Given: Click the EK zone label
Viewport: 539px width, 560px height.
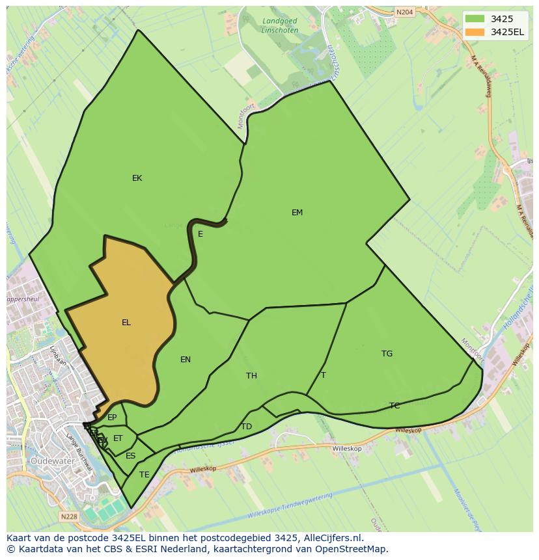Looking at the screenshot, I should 137,178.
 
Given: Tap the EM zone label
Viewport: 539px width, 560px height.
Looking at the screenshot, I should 297,213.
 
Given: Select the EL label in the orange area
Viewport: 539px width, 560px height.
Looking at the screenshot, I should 126,323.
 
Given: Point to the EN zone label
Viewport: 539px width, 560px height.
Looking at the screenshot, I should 186,360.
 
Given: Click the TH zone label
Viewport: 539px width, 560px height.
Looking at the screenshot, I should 251,376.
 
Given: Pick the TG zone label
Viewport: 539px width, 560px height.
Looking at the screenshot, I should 387,354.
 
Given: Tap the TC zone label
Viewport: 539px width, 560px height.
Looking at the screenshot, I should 394,406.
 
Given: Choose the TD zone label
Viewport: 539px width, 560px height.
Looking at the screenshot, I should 246,427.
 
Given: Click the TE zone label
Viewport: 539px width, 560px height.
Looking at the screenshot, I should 145,475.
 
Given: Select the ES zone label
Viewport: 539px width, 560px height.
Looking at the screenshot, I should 131,456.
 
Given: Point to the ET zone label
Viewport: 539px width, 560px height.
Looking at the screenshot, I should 118,438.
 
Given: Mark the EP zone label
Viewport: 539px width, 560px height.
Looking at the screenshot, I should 112,418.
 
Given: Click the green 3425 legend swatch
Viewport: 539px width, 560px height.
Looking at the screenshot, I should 475,19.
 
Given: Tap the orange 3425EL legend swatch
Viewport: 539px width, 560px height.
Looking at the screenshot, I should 475,32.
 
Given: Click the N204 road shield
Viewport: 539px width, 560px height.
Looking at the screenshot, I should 404,12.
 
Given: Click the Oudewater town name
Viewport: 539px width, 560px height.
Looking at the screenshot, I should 50,461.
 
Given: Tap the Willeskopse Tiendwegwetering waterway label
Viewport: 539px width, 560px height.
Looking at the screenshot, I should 290,505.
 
